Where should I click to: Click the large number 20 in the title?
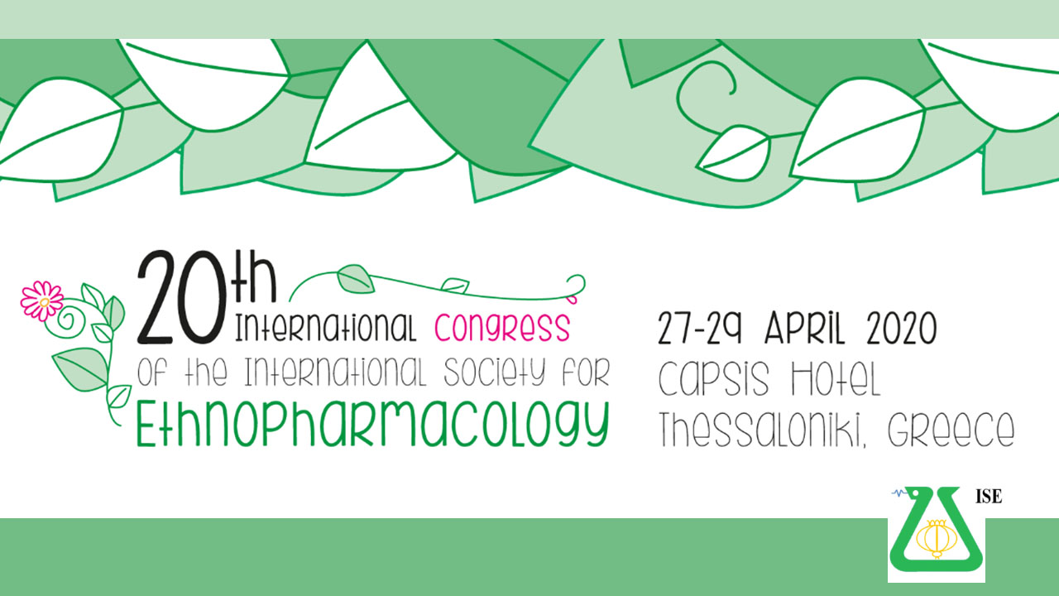(180, 296)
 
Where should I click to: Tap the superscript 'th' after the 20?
(253, 276)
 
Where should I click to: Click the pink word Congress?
(502, 327)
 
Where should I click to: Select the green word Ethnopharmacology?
(372, 424)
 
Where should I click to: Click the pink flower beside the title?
(42, 301)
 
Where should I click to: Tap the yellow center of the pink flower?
(44, 302)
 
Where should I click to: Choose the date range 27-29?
(700, 328)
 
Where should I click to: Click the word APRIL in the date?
(804, 328)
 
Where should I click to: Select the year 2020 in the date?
(902, 328)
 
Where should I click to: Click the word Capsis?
(714, 380)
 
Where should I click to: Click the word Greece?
(951, 429)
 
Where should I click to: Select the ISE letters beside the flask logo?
(989, 496)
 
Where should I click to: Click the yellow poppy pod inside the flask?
(937, 539)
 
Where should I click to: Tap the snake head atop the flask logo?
(917, 494)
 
